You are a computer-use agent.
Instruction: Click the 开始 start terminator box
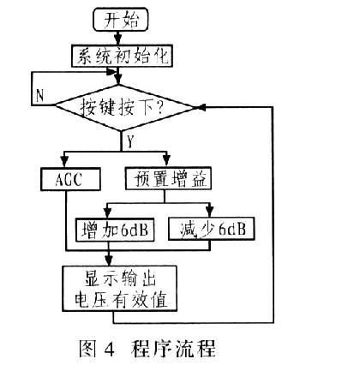coord(121,19)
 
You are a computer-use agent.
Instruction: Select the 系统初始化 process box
coord(122,56)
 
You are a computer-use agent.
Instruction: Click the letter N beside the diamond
coord(40,95)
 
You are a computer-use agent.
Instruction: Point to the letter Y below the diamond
coord(130,141)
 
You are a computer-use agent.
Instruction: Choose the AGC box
coord(70,179)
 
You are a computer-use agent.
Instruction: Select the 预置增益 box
coord(168,178)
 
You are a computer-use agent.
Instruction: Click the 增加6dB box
coord(115,230)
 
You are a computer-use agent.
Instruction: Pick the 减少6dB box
coord(211,229)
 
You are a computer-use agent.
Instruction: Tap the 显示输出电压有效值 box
coord(119,289)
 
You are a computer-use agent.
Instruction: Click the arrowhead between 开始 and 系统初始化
coord(118,39)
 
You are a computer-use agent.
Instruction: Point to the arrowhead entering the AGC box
coord(65,161)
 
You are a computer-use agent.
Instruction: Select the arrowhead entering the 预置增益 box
coord(167,161)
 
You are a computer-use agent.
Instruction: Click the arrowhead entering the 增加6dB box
coord(107,212)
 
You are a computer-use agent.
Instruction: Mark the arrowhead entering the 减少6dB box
coord(210,212)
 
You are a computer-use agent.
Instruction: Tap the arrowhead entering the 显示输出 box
coord(109,260)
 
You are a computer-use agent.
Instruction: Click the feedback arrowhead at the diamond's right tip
coord(201,107)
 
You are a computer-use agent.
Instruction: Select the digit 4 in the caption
coord(110,349)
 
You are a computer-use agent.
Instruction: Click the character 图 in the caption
coord(87,349)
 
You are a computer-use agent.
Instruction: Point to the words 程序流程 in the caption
coord(173,348)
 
